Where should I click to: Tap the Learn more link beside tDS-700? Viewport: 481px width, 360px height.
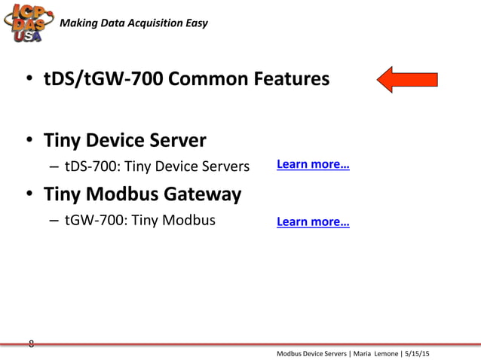(x=313, y=164)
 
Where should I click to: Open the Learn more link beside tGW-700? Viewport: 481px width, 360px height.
(x=313, y=221)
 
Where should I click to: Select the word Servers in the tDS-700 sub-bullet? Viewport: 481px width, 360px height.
(x=224, y=165)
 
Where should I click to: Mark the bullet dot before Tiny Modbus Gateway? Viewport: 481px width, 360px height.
(x=29, y=195)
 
